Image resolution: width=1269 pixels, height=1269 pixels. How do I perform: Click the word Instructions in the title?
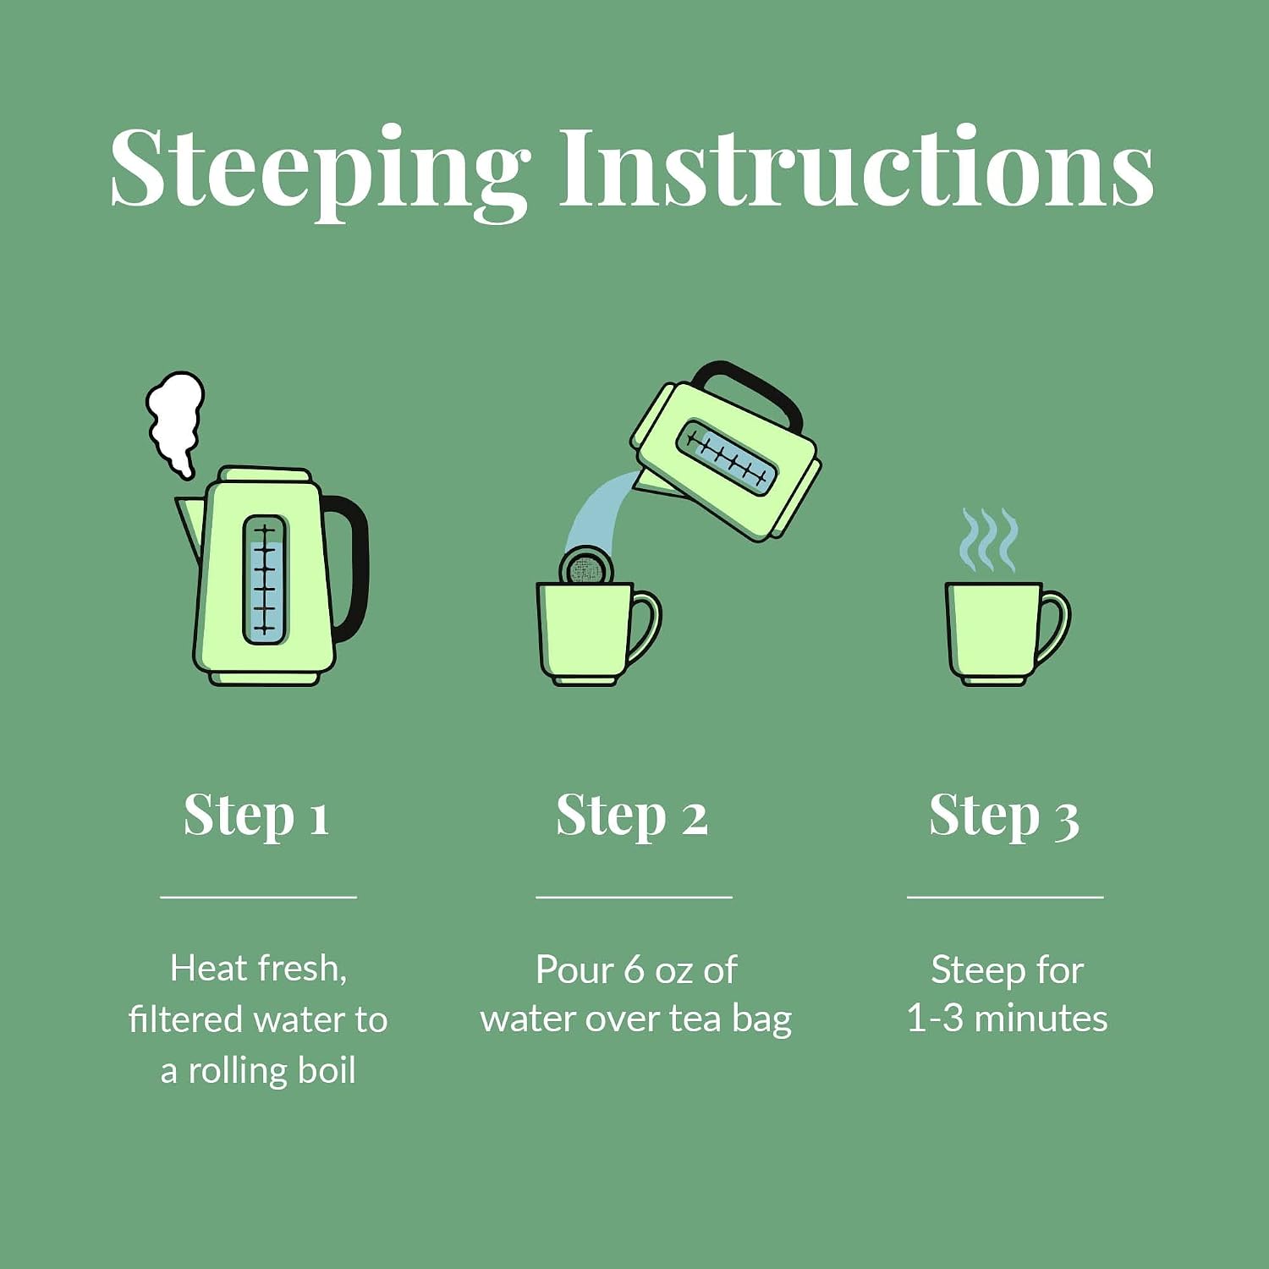point(856,166)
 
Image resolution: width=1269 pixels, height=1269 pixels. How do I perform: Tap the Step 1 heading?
point(256,817)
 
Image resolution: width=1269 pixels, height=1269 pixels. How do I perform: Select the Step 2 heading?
point(632,817)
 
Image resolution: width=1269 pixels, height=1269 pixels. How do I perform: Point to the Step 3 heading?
point(1004,817)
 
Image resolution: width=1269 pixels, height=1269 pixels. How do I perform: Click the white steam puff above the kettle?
point(175,421)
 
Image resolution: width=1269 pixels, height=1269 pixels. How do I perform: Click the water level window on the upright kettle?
point(265,580)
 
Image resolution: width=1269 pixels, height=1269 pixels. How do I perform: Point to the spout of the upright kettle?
point(190,523)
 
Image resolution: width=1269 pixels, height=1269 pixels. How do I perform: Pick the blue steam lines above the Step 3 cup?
point(988,540)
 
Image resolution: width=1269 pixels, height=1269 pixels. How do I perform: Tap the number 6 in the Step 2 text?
point(634,970)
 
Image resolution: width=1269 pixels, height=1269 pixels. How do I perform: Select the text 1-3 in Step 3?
point(935,1019)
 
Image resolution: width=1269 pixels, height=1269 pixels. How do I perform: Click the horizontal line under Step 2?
point(634,896)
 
